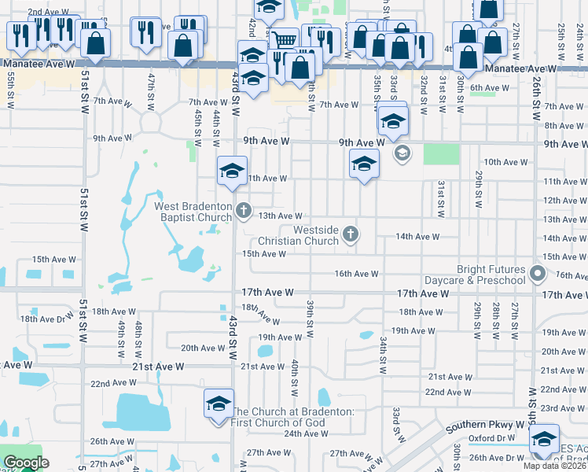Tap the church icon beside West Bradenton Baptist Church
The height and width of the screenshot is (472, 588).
click(244, 210)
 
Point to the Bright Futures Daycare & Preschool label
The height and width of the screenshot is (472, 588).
click(475, 275)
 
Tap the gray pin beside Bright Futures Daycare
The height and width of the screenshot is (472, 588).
click(538, 275)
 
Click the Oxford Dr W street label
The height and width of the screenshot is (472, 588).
click(492, 438)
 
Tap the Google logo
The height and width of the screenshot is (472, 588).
click(26, 463)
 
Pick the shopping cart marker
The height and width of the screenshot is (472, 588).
click(285, 39)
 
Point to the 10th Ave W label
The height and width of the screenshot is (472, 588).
click(505, 162)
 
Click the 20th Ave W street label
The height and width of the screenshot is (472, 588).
click(203, 348)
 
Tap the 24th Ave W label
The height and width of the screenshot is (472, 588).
click(305, 433)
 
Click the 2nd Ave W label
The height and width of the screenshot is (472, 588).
click(46, 13)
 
